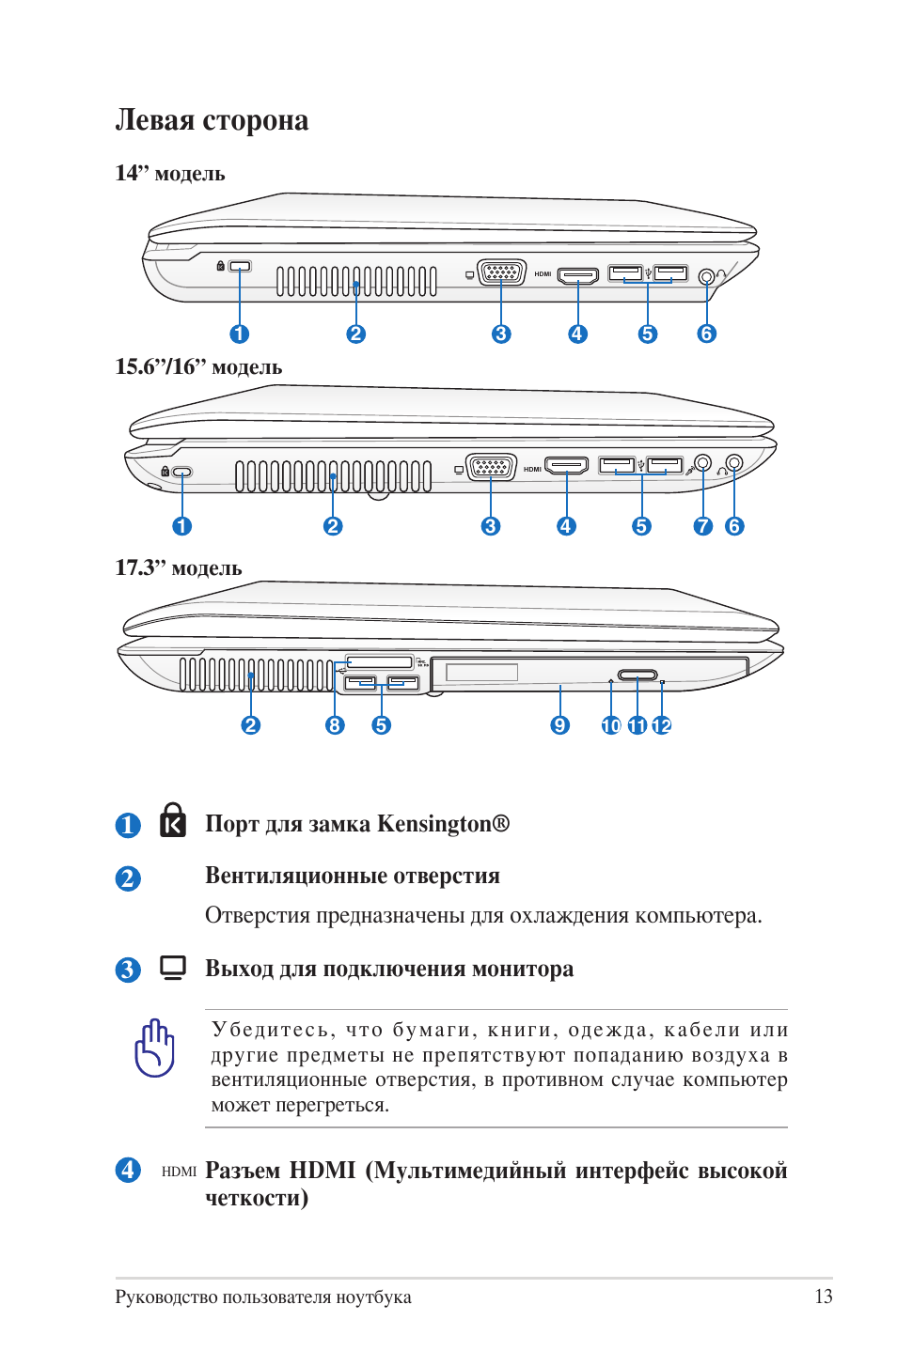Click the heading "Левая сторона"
pyautogui.click(x=212, y=120)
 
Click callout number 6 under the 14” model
pyautogui.click(x=706, y=334)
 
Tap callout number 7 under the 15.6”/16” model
pyautogui.click(x=702, y=526)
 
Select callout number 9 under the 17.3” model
pyautogui.click(x=560, y=725)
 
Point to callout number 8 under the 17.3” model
pyautogui.click(x=335, y=725)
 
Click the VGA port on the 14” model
pyautogui.click(x=501, y=273)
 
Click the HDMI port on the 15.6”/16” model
pyautogui.click(x=567, y=465)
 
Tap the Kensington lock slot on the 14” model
pyautogui.click(x=241, y=267)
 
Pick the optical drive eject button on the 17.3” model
pyautogui.click(x=637, y=675)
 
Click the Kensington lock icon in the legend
pyautogui.click(x=173, y=820)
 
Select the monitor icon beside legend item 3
pyautogui.click(x=173, y=967)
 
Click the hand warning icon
pyautogui.click(x=155, y=1048)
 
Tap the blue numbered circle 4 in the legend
pyautogui.click(x=128, y=1170)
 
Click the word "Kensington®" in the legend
pyautogui.click(x=443, y=824)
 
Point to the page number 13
pyautogui.click(x=823, y=1297)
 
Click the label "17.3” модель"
pyautogui.click(x=179, y=568)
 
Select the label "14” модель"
pyautogui.click(x=170, y=174)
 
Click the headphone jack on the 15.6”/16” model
pyautogui.click(x=734, y=462)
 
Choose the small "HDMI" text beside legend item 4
pyautogui.click(x=179, y=1172)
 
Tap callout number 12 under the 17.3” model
pyautogui.click(x=662, y=725)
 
